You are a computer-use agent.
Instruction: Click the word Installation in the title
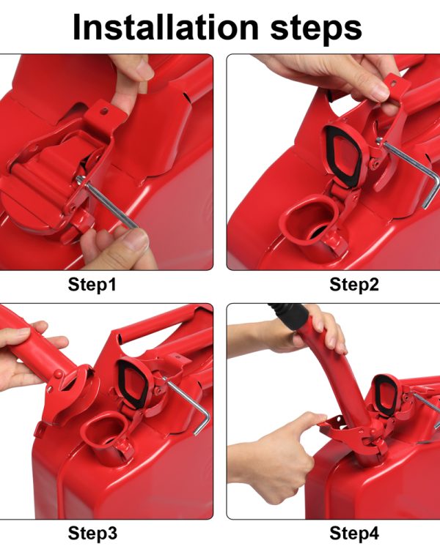pyautogui.click(x=166, y=27)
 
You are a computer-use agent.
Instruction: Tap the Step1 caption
pyautogui.click(x=92, y=284)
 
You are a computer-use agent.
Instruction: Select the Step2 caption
pyautogui.click(x=354, y=284)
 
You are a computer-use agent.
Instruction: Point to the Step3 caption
pyautogui.click(x=92, y=534)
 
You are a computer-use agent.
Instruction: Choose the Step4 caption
pyautogui.click(x=354, y=534)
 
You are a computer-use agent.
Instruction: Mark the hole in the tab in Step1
pyautogui.click(x=104, y=111)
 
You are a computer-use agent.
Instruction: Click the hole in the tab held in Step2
pyautogui.click(x=393, y=84)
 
